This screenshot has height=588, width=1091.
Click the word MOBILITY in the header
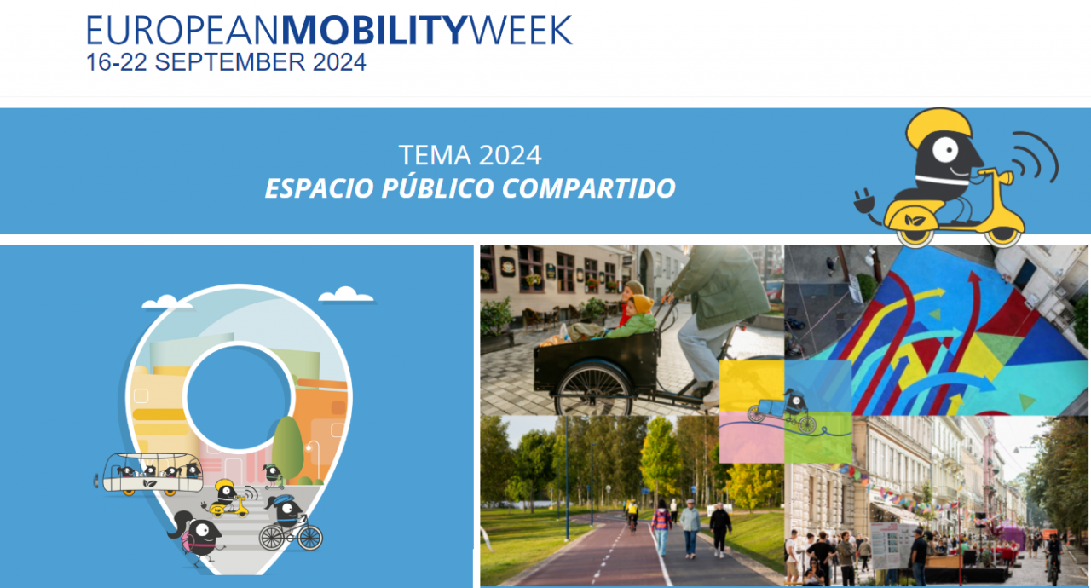click(374, 31)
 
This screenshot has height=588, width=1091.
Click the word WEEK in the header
click(520, 31)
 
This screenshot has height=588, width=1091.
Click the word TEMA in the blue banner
click(435, 155)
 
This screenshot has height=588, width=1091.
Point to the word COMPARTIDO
click(588, 188)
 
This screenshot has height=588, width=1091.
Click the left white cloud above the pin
click(167, 302)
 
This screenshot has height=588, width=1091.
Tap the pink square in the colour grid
click(751, 438)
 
